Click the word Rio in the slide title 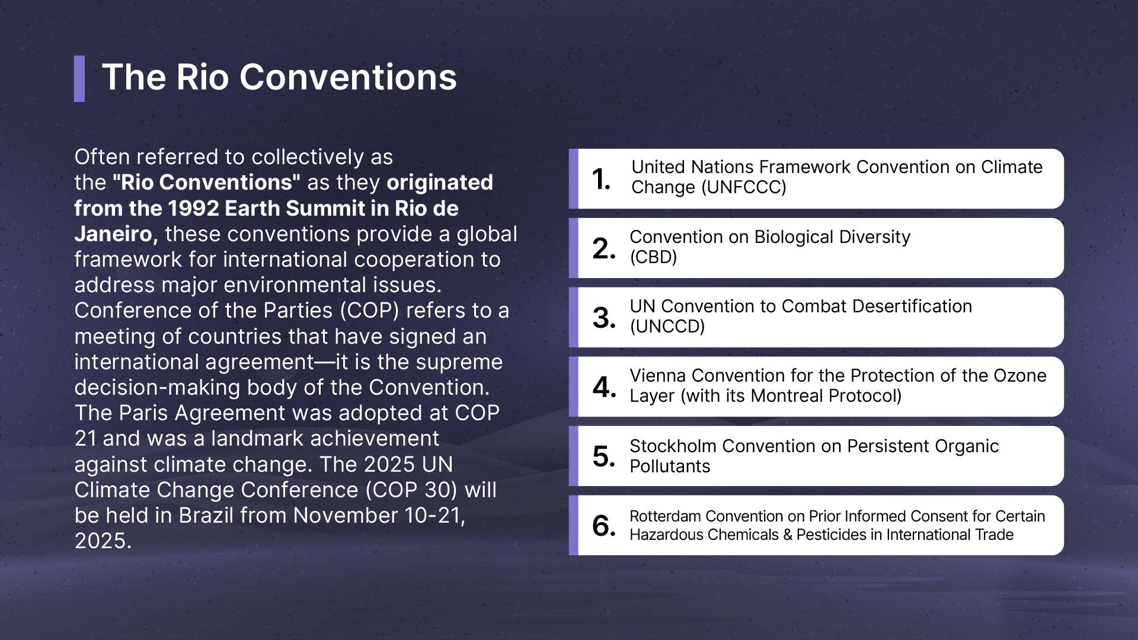[x=202, y=77]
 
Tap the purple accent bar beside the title [x=79, y=79]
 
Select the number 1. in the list [x=602, y=179]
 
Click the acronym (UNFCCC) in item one [x=744, y=188]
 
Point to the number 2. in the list [x=604, y=248]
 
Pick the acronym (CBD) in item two [x=653, y=257]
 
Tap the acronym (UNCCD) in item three [x=667, y=327]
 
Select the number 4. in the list [x=605, y=387]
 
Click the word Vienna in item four [x=658, y=376]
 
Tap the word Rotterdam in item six [x=665, y=517]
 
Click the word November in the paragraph [x=346, y=516]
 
